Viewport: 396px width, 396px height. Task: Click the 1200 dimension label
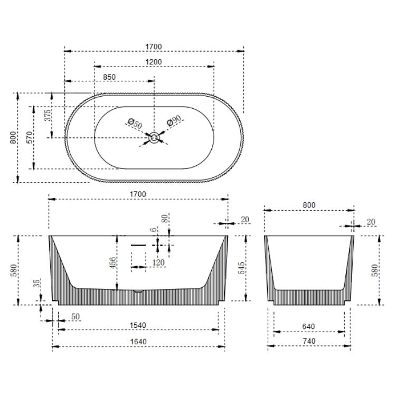point(154,62)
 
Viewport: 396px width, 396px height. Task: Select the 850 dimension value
point(109,77)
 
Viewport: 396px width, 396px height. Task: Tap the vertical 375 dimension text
point(48,116)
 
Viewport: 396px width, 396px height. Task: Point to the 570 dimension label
point(31,137)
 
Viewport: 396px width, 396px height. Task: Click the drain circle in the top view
point(154,138)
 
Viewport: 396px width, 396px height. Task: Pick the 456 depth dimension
point(112,262)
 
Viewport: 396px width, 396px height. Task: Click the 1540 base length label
point(138,326)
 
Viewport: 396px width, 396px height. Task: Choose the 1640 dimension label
point(138,342)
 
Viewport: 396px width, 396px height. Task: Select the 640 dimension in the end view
point(309,326)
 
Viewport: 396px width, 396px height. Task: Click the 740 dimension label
point(309,342)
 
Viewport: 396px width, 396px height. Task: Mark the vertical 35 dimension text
point(36,284)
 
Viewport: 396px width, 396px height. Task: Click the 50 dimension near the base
point(76,316)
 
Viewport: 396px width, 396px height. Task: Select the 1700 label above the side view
point(138,194)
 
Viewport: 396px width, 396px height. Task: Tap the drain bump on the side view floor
point(138,290)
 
